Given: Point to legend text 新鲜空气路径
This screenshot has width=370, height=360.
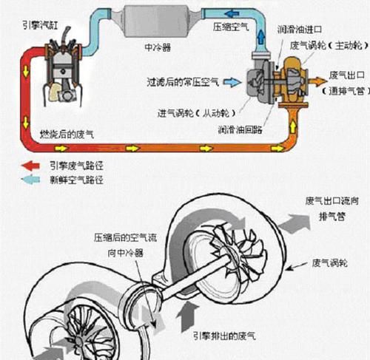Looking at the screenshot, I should pyautogui.click(x=75, y=179).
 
